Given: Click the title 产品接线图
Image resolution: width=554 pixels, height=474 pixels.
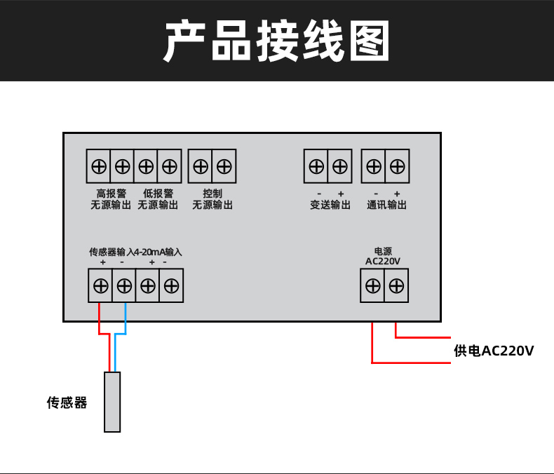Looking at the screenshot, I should coord(276,41).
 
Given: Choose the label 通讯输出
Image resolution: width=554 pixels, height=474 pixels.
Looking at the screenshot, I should coord(386,205).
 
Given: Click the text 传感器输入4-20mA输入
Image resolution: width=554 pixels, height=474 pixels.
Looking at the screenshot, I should coord(135,251).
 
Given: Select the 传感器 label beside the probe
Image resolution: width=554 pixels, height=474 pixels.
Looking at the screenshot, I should coord(67,402).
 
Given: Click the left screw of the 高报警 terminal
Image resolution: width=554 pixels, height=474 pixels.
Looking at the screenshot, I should coord(99,166).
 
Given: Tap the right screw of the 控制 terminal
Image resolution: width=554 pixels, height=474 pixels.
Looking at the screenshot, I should coord(224,166).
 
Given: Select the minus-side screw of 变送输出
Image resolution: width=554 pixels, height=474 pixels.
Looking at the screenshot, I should coord(316,166).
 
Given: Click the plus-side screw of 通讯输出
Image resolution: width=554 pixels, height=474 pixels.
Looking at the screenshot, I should coord(397,166).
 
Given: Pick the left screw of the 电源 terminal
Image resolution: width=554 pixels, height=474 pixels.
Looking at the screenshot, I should coord(373,285).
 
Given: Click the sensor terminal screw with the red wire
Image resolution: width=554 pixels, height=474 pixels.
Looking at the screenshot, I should coord(100,285).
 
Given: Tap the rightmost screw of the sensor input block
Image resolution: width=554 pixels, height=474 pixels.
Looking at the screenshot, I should coord(171,285).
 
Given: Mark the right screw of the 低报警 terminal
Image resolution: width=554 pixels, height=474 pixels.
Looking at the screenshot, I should coord(169,166).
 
